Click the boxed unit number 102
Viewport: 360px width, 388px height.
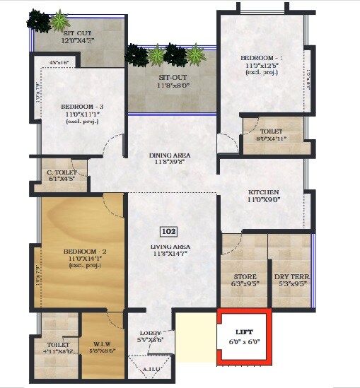pos(168,231)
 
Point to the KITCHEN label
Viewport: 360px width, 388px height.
pos(264,192)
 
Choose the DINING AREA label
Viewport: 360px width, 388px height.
pos(169,155)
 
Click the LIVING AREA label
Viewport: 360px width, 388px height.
pos(169,247)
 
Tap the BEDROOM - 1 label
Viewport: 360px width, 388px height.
pos(262,57)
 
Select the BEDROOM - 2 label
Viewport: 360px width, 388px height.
pos(84,252)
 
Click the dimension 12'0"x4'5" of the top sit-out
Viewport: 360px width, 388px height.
pos(79,40)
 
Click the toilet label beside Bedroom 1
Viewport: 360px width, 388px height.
pos(271,131)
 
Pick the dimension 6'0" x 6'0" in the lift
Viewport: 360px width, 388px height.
pos(244,341)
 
